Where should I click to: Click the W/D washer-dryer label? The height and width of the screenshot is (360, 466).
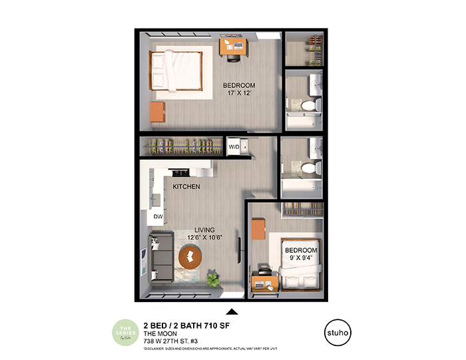pos(234,146)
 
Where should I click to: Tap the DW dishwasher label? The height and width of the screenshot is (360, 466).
pos(158,216)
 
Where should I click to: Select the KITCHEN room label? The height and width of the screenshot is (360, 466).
pos(186,187)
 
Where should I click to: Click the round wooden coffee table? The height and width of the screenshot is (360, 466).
pos(190,256)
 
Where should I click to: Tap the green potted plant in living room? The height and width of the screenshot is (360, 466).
pos(213,278)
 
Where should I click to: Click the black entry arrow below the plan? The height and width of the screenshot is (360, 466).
pos(232,311)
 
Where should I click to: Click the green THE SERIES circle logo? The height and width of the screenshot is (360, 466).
pos(125,332)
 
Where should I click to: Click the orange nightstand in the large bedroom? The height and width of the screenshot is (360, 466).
pos(156,112)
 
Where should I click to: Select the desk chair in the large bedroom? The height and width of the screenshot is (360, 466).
pos(234,57)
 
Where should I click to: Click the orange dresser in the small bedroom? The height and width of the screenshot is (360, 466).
pos(258,230)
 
